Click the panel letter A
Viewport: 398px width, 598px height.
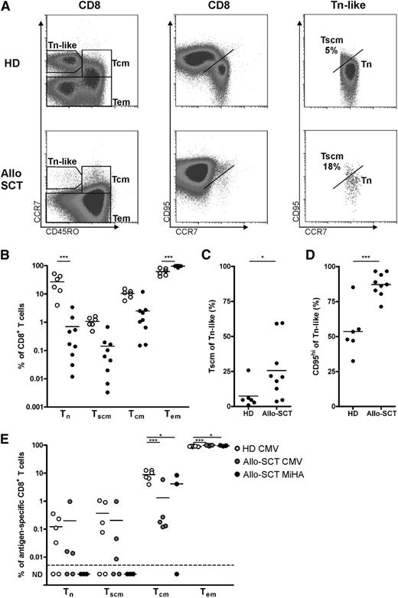[7, 7]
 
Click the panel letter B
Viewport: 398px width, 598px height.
[6, 250]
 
